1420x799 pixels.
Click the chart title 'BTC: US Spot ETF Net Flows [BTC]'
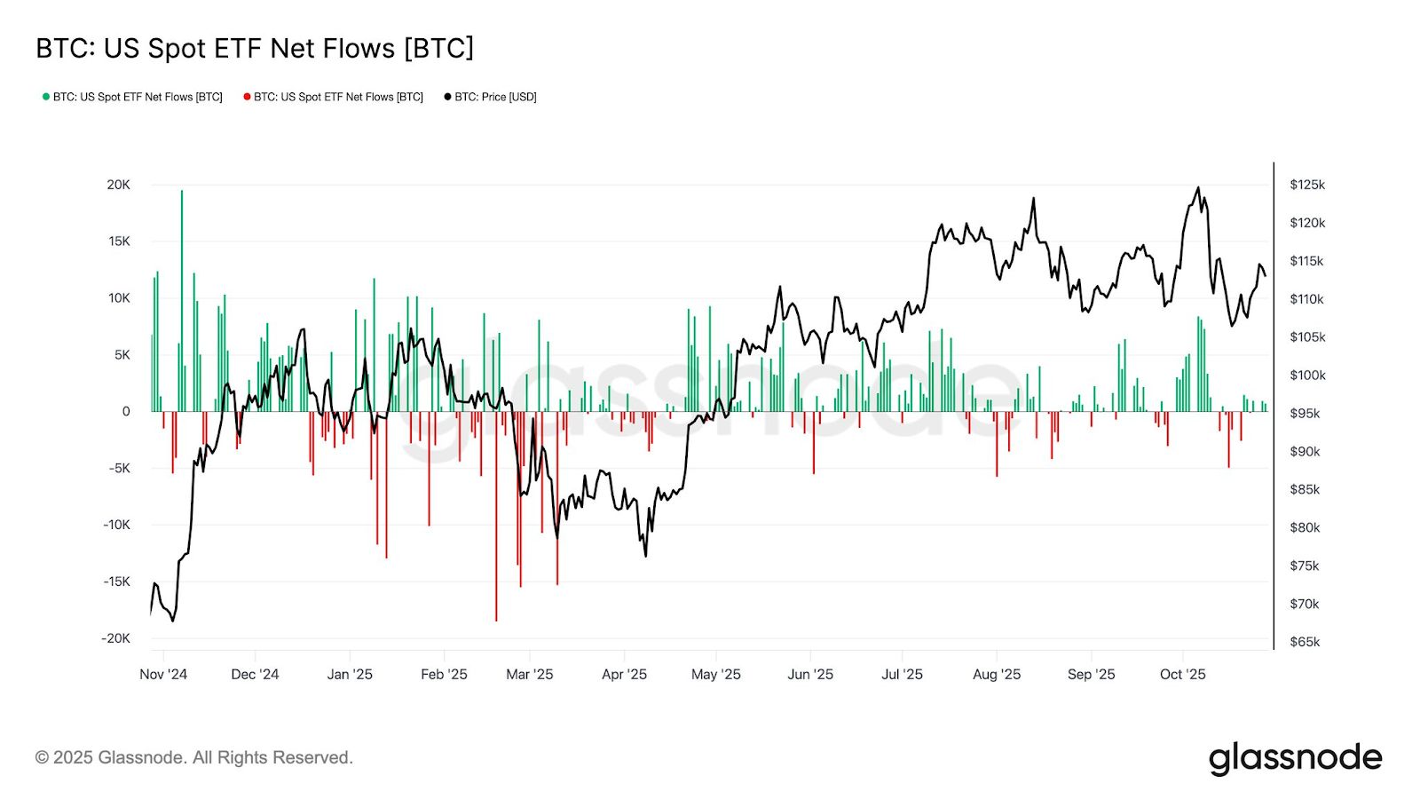255,48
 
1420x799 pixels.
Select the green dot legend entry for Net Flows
132,97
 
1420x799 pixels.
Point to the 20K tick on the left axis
118,185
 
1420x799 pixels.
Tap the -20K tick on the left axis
115,638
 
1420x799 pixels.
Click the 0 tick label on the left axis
126,411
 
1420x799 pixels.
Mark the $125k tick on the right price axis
1306,185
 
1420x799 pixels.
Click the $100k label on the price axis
1306,376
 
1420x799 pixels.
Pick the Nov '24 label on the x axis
163,675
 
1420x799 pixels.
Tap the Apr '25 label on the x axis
624,675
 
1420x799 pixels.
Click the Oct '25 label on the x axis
1182,675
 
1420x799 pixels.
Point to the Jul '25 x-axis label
902,675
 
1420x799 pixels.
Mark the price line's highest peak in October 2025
1198,188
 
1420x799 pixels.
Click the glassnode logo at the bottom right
1295,759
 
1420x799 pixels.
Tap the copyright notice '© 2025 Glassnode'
193,758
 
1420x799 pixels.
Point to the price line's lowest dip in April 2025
645,556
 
